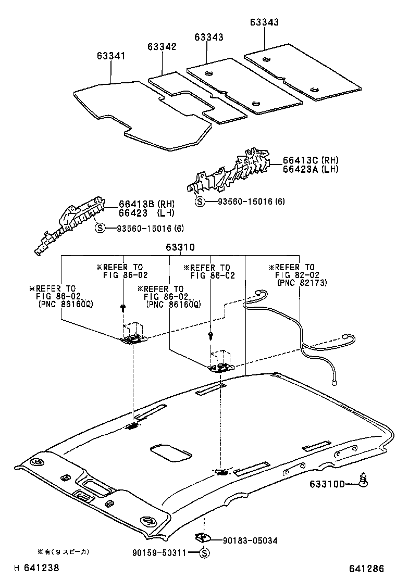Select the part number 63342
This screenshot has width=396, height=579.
[x=162, y=47]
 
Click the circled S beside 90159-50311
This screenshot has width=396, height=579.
[x=204, y=553]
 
